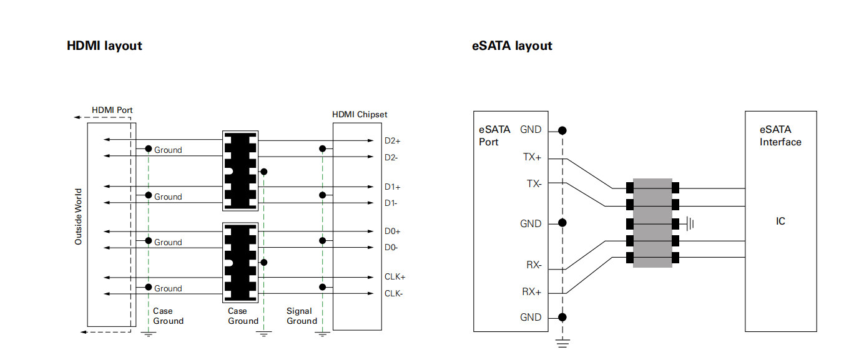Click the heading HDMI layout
pos(104,46)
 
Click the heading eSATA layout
pos(512,46)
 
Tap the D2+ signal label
pos(393,141)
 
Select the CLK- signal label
pos(393,293)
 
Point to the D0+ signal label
pos(393,231)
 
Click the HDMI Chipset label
pos(360,114)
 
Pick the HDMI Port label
pos(112,110)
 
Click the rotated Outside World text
pos(79,216)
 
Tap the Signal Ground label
pos(302,316)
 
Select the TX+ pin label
pos(532,157)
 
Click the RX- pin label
pos(533,265)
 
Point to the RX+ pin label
pos(532,291)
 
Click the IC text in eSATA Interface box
pos(780,221)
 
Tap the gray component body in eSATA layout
pos(652,223)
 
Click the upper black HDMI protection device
pos(240,170)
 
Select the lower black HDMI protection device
pos(240,261)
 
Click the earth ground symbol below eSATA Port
pos(562,341)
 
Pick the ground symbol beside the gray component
pos(690,223)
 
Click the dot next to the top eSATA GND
pos(562,130)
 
